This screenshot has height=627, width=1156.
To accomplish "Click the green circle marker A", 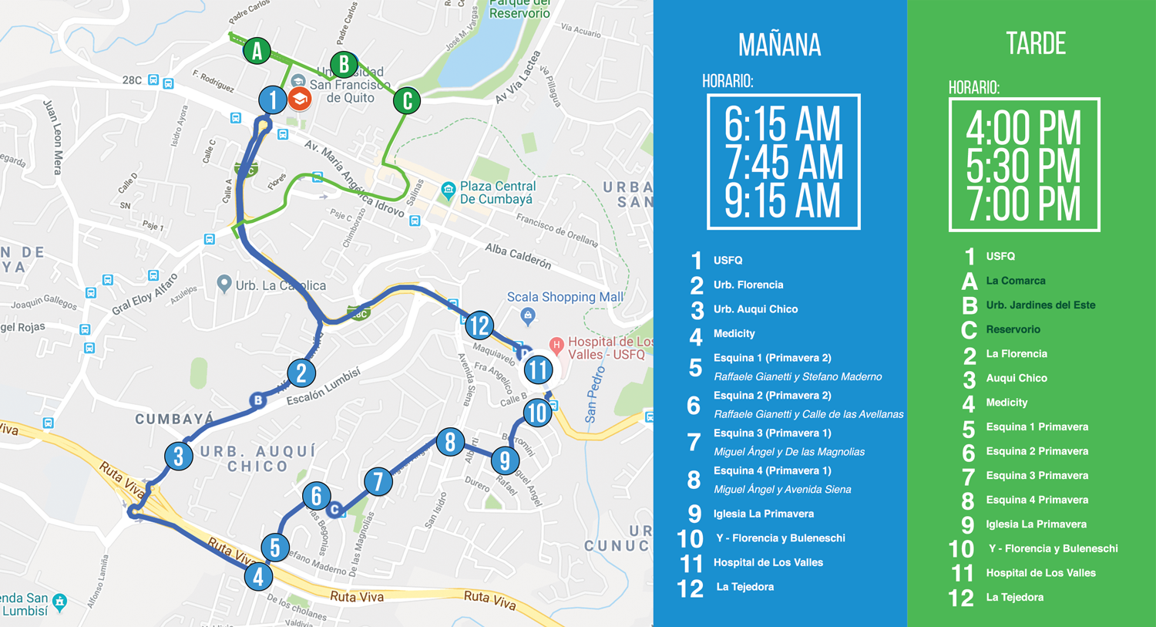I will point(257,51).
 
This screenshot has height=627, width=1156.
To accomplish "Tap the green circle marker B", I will point(344,64).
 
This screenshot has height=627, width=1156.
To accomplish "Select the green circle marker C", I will point(407,100).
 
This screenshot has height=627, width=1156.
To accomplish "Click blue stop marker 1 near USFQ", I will point(272,100).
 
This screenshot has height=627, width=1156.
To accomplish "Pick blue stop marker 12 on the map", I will point(479,325).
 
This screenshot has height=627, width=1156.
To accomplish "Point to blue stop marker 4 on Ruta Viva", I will point(258,576).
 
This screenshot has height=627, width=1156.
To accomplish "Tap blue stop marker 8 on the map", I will point(450,442).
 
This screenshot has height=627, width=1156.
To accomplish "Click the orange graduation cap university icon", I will point(300,99).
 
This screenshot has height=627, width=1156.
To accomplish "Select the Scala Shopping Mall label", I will point(565,297).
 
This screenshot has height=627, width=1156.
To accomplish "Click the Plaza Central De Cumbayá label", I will point(497,193).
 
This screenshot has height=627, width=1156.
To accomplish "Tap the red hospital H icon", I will point(556,345).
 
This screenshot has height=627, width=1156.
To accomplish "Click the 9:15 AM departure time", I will point(782,201).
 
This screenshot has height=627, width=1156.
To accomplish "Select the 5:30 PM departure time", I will point(1023,167).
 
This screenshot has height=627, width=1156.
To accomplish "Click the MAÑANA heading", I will point(779,45).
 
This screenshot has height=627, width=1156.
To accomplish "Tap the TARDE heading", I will point(1036,44).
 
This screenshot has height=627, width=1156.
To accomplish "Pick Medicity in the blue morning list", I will point(734,334).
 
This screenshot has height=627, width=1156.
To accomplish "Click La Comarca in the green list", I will point(1015,281).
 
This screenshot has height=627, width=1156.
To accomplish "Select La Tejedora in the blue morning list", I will point(744,587).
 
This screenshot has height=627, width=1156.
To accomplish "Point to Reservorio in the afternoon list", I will point(1013,329).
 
